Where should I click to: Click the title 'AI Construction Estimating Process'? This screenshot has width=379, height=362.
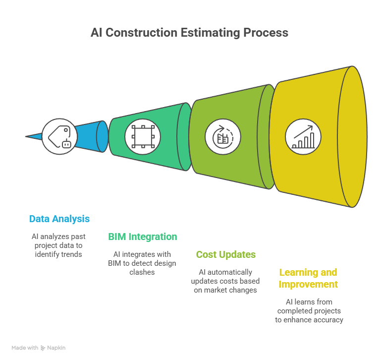tap(189, 33)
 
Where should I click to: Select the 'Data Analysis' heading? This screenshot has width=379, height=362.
tap(59, 219)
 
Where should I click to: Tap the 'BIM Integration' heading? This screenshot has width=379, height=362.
tap(143, 237)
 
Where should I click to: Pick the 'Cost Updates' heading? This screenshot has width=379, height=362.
tap(226, 254)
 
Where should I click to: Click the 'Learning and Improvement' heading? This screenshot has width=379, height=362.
tap(308, 278)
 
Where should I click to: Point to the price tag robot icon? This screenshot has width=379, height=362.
tap(59, 136)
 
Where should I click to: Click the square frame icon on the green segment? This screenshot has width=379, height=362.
tap(143, 136)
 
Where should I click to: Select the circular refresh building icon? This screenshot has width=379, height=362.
tap(223, 137)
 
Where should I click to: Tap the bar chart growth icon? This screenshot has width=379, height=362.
tap(303, 137)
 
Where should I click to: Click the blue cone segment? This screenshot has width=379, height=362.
tap(91, 136)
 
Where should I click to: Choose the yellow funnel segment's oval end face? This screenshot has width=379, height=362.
tap(352, 136)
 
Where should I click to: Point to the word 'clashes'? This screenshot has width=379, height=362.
tap(142, 272)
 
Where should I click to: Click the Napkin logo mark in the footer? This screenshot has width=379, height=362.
tap(43, 348)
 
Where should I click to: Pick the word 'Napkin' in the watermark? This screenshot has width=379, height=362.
tap(56, 348)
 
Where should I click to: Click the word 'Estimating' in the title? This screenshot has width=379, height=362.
tap(210, 33)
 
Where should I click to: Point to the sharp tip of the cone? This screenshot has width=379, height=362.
tap(26, 136)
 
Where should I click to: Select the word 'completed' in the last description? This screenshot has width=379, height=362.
tap(292, 311)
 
